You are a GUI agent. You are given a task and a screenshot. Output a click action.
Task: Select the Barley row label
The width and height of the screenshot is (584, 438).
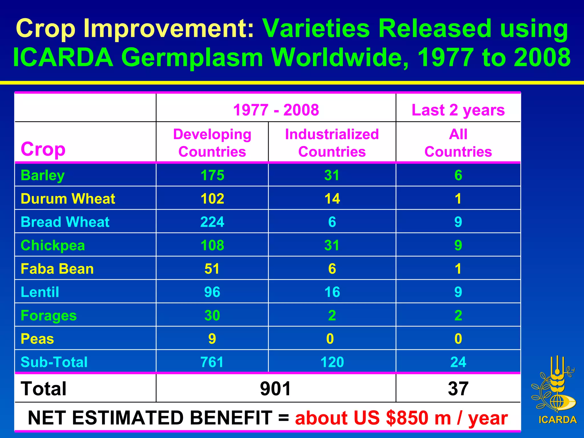pos(43,175)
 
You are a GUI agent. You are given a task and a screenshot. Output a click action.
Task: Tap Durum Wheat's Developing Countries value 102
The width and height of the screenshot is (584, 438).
pos(212,198)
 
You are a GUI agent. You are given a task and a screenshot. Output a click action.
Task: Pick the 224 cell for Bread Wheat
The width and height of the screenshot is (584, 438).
pos(212,222)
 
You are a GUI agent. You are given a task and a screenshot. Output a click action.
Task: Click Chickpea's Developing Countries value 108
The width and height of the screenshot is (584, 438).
pos(212,245)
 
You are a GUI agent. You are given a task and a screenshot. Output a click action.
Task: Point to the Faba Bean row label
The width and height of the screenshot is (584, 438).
pos(57,269)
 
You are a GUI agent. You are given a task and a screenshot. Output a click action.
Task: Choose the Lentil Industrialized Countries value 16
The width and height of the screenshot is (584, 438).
pos(332,292)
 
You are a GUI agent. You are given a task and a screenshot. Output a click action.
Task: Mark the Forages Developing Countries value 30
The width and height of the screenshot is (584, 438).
pos(212,315)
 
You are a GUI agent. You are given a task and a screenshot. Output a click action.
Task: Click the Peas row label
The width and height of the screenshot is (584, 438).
pos(37,339)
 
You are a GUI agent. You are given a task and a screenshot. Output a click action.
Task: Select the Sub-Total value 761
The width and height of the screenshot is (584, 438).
pos(212,362)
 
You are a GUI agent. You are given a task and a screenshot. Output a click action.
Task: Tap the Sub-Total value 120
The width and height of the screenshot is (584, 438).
pos(332,362)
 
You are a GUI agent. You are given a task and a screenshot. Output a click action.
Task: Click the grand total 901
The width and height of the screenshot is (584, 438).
pos(275,388)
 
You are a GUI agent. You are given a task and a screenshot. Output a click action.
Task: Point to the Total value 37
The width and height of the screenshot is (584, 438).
pos(458,388)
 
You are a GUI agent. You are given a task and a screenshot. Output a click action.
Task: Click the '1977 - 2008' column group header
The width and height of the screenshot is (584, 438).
pos(276,110)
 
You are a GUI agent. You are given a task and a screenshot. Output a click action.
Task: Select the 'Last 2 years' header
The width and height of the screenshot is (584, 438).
pos(458,110)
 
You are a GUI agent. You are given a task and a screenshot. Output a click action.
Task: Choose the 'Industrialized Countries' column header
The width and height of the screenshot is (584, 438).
pos(332,143)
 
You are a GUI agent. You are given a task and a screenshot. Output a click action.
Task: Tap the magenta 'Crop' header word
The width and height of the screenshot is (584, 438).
pos(43,149)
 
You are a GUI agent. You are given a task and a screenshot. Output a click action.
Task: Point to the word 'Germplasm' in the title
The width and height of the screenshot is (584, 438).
pos(192,57)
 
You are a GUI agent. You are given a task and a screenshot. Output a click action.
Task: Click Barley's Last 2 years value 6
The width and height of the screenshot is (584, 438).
pos(458,175)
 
